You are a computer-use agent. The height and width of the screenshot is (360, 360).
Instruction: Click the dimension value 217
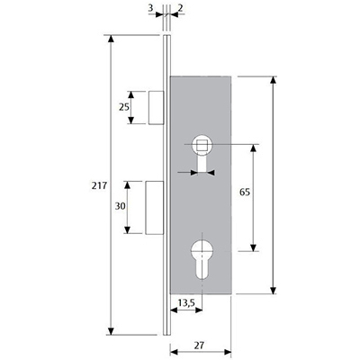99,186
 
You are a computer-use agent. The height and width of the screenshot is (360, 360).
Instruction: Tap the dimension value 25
124,107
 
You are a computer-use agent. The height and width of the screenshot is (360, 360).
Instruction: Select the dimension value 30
120,206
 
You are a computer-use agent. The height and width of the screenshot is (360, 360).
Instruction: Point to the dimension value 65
245,192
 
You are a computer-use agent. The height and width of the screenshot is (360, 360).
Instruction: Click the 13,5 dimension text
186,303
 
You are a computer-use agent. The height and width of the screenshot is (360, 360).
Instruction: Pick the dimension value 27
199,346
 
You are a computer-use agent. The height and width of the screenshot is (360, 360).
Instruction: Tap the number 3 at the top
150,8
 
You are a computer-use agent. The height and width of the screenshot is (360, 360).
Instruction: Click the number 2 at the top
180,8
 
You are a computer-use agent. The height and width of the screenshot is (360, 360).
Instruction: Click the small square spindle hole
200,146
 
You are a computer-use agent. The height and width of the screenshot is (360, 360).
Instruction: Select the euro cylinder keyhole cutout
202,260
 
